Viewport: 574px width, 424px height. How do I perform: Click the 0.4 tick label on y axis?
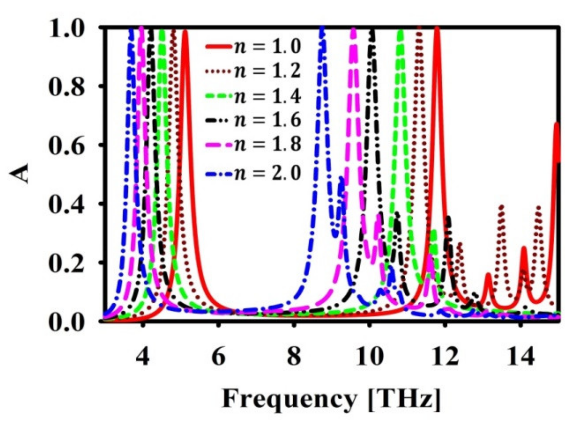pos(66,203)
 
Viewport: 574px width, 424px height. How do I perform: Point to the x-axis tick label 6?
pos(219,357)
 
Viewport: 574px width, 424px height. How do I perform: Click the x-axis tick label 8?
pos(294,357)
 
